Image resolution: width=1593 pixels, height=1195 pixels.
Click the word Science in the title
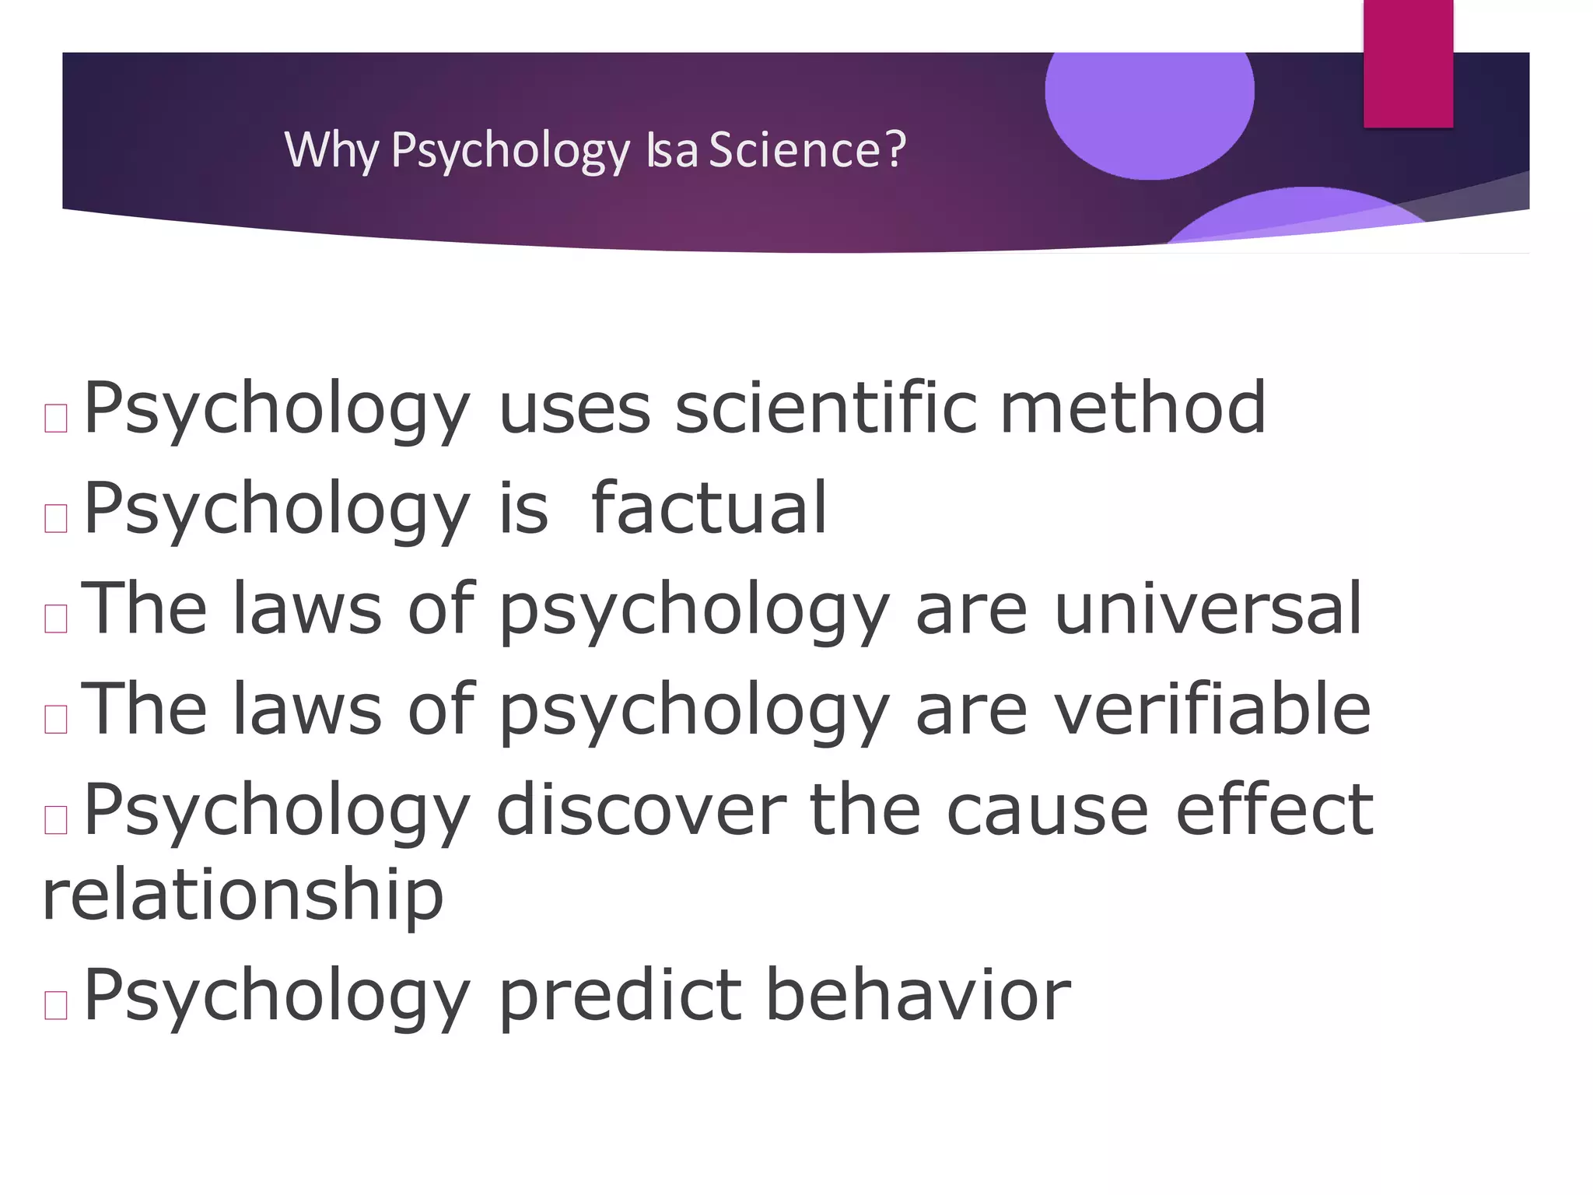[x=794, y=149]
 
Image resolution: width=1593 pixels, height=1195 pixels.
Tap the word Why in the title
[x=331, y=149]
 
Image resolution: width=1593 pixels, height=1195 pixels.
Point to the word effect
[x=1274, y=811]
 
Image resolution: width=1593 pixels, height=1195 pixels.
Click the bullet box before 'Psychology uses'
[x=56, y=419]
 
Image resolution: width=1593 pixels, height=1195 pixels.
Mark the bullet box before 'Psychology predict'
[x=56, y=1005]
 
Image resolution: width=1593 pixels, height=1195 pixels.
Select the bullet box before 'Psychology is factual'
[x=56, y=518]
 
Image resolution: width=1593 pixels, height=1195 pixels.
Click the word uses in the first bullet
[x=574, y=409]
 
